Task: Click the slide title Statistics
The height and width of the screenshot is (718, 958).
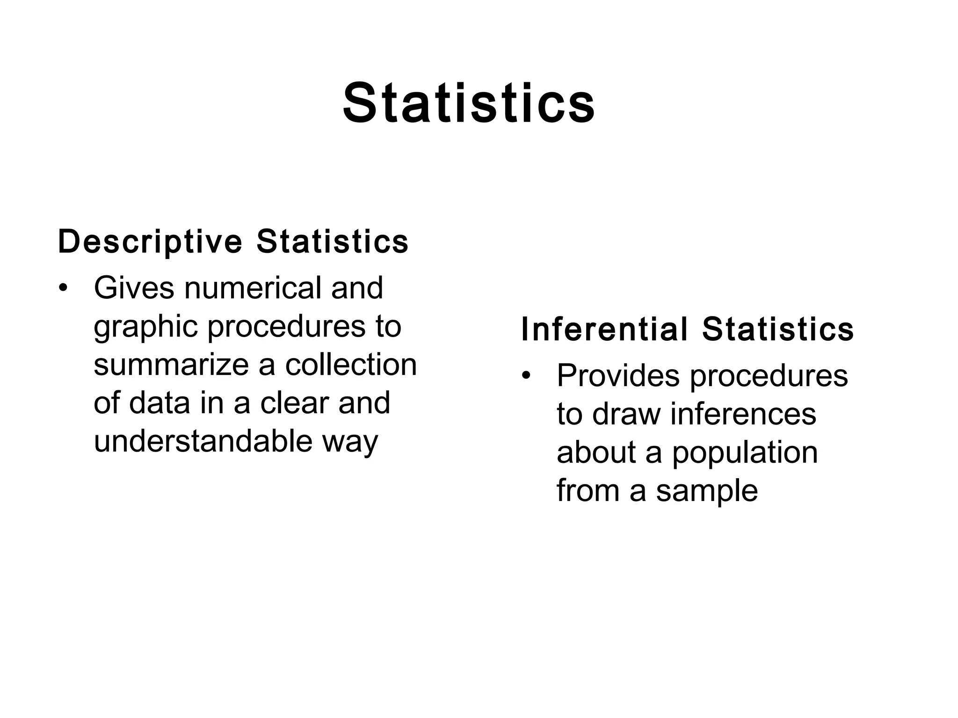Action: point(469,103)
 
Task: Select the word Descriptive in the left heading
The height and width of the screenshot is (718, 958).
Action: point(150,242)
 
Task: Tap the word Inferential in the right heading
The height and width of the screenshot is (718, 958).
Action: point(604,329)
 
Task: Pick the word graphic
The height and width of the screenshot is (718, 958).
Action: point(146,327)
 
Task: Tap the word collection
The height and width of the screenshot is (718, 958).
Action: point(351,365)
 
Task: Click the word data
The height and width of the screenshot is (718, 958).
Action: point(159,403)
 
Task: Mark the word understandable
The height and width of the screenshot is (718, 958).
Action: point(203,441)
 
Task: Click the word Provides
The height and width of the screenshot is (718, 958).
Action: point(618,375)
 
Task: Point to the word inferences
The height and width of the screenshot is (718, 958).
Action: point(743,414)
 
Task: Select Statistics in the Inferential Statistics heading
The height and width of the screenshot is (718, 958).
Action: point(778,329)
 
